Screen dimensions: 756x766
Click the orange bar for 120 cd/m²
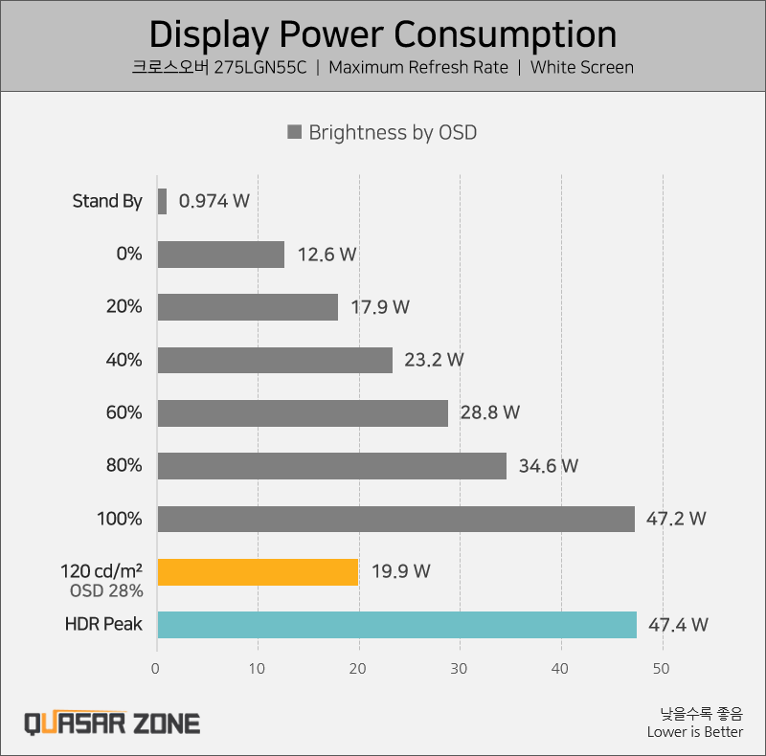tap(258, 571)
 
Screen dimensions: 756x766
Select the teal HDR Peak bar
tap(396, 624)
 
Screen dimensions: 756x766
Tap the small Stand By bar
tap(162, 201)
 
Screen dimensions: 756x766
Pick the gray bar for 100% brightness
tap(395, 519)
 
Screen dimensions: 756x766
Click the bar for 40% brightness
tap(275, 360)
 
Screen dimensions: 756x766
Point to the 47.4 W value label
tap(678, 625)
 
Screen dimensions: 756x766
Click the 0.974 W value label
tap(214, 201)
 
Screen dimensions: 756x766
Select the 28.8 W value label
tap(490, 413)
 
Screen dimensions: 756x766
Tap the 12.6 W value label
tap(327, 255)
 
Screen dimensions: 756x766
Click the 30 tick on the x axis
tap(460, 669)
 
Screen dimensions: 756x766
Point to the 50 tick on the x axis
tap(662, 669)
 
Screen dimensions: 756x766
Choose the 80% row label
tap(124, 466)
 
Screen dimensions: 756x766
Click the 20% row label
tap(124, 307)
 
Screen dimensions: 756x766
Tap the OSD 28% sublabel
tap(106, 591)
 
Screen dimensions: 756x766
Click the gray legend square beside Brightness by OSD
tap(295, 132)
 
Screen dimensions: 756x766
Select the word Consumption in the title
tap(507, 34)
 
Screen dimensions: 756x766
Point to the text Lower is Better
tap(694, 732)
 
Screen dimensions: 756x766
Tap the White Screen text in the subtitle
tap(581, 68)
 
